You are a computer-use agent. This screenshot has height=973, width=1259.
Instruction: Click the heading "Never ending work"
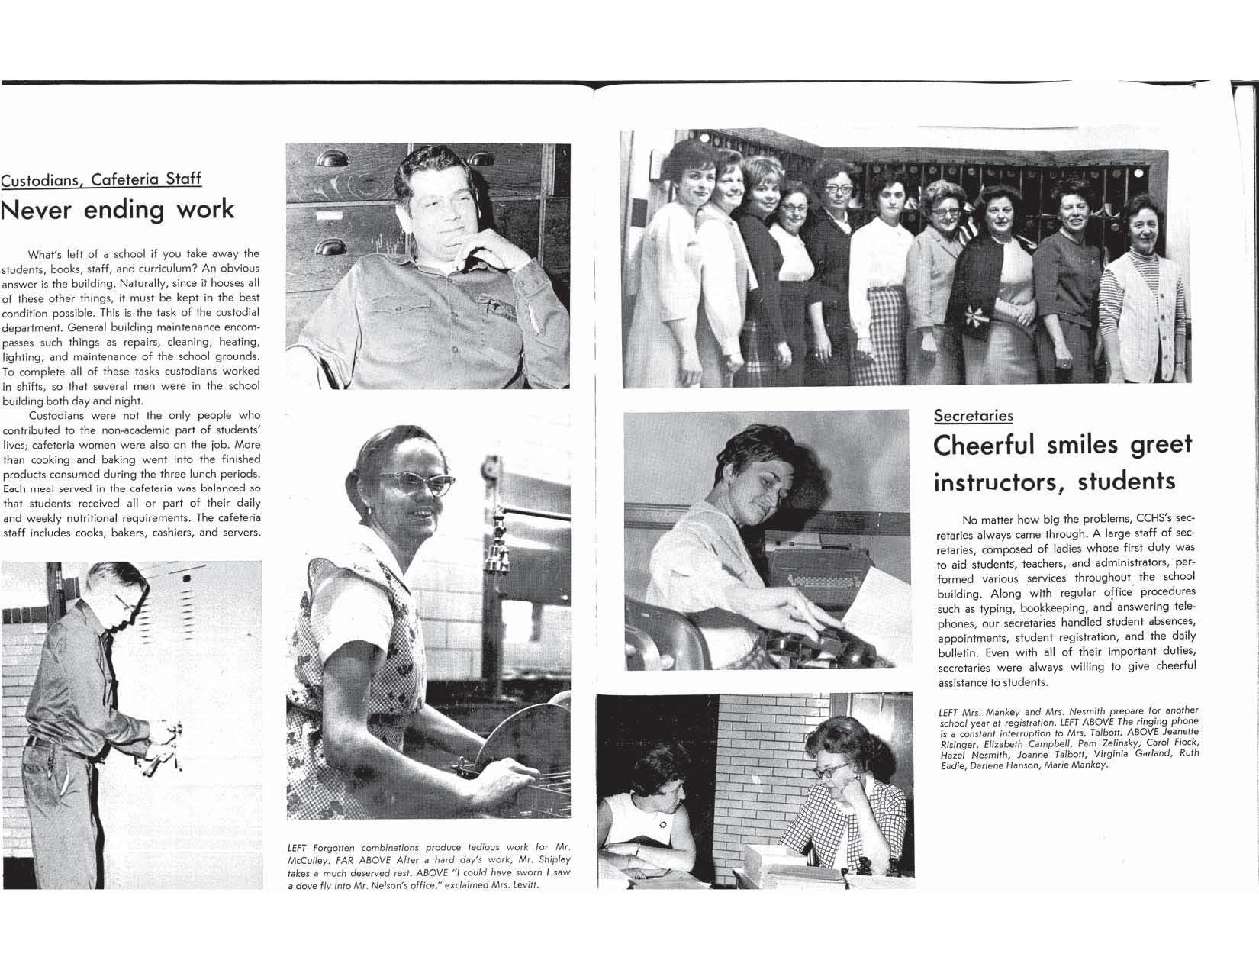click(x=118, y=209)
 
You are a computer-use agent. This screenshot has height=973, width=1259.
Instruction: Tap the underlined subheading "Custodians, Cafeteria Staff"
click(x=101, y=179)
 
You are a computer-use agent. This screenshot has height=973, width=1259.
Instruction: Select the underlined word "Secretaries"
click(x=974, y=415)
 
